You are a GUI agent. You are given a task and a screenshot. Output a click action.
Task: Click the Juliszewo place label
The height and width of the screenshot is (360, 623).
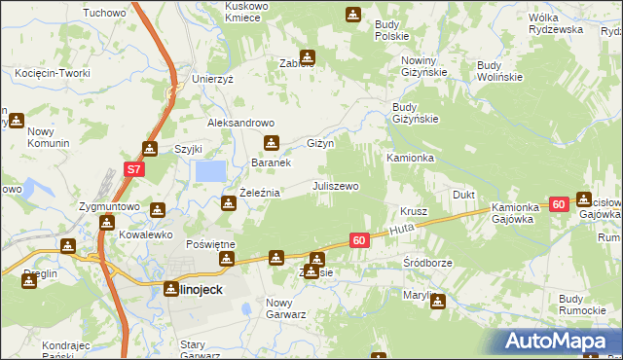(335, 186)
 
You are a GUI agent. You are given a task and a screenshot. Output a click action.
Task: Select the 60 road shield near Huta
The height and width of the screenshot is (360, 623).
(358, 239)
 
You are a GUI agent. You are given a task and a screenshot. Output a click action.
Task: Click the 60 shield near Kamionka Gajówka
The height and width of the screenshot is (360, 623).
(558, 204)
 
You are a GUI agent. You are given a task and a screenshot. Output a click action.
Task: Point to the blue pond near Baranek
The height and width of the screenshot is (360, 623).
(209, 171)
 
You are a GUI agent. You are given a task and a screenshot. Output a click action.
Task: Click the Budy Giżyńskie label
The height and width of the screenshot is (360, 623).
(415, 114)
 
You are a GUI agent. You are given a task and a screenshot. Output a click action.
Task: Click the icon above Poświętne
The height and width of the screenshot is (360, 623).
(227, 259)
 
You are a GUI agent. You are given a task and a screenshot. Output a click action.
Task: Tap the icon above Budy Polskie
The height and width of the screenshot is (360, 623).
(353, 15)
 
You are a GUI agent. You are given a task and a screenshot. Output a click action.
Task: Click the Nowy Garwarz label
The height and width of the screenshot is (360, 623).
(286, 308)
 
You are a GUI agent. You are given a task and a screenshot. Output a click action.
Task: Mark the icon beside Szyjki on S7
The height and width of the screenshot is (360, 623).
(150, 148)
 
